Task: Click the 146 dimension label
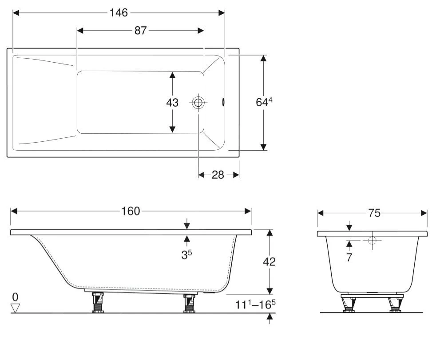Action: pyautogui.click(x=119, y=13)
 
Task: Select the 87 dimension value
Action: pyautogui.click(x=140, y=30)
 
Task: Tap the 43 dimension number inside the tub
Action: pyautogui.click(x=172, y=103)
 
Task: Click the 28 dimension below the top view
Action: pyautogui.click(x=218, y=175)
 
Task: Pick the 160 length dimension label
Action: pyautogui.click(x=131, y=211)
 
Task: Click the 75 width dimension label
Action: pyautogui.click(x=374, y=213)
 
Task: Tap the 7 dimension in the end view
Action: pyautogui.click(x=349, y=257)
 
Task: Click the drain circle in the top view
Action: pyautogui.click(x=198, y=103)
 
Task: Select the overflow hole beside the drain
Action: pyautogui.click(x=223, y=103)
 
